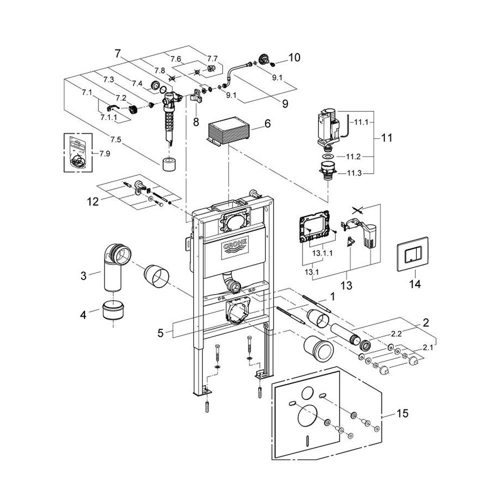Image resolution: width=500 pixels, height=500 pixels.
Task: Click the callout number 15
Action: click(x=402, y=413)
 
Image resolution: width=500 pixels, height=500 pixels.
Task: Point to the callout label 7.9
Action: click(x=104, y=153)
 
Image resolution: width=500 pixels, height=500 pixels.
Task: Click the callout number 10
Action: click(x=294, y=57)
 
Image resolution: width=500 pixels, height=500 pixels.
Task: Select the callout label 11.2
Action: click(x=353, y=156)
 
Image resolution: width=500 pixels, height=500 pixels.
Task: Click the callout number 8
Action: click(x=196, y=121)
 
